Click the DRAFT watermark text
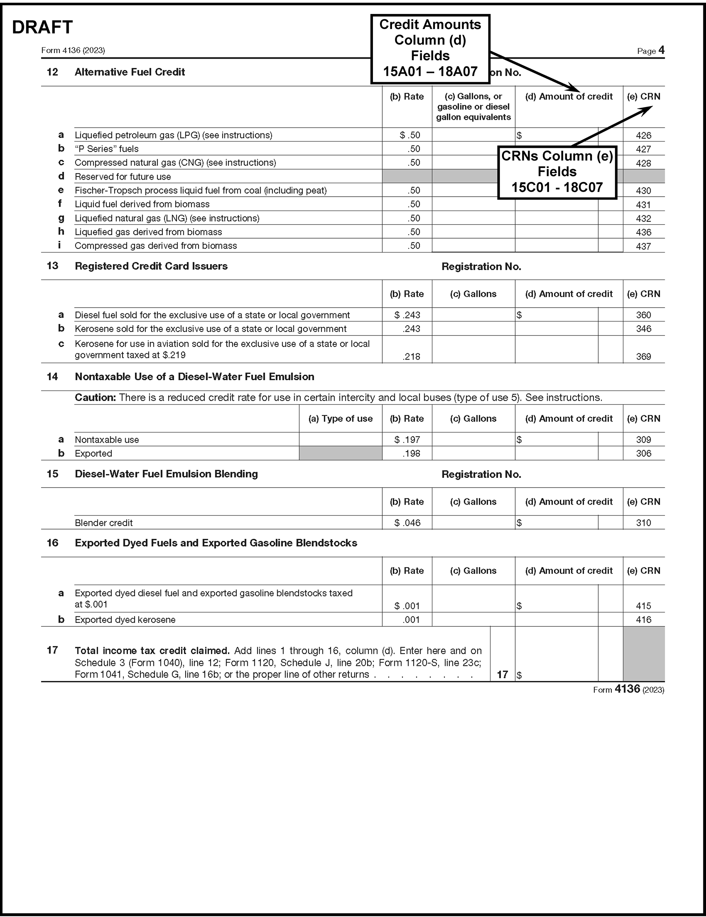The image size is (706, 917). tap(42, 27)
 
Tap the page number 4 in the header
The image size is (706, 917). tap(661, 50)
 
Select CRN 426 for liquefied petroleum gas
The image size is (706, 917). tap(643, 136)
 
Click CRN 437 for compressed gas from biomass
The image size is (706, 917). tap(643, 246)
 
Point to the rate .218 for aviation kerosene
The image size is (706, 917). tap(411, 356)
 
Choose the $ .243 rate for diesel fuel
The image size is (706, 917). tap(407, 315)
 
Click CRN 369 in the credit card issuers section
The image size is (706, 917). tap(643, 356)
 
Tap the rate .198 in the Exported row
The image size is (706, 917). tap(411, 453)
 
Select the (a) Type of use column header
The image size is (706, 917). tap(340, 419)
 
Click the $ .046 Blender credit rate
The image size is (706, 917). tap(407, 523)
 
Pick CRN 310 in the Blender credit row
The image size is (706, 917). tap(643, 523)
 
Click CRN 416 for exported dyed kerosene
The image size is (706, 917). tap(643, 620)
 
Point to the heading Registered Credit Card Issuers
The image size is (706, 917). tap(151, 266)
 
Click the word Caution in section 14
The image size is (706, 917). tap(95, 398)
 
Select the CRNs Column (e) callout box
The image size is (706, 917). tap(557, 172)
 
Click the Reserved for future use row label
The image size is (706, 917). tap(123, 177)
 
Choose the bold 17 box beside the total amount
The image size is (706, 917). tap(502, 675)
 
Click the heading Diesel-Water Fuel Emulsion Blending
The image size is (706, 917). tap(166, 474)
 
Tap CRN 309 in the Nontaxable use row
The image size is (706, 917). tap(643, 439)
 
